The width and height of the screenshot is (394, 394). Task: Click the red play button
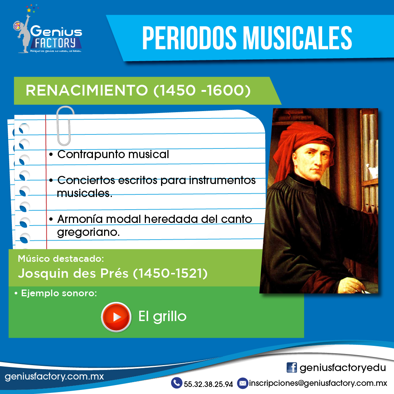pos(116,317)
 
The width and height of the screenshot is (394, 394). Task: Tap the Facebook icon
pos(291,368)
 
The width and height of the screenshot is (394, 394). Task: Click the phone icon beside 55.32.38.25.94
pos(177,383)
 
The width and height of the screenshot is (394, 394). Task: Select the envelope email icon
pos(243,383)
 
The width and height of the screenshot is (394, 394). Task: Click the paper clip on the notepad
pos(65,126)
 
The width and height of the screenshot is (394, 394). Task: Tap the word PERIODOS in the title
pos(189,38)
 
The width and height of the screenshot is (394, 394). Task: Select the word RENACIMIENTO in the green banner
pos(87,90)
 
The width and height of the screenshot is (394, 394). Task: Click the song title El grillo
pos(162,317)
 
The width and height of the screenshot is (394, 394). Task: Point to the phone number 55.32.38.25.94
pos(208,384)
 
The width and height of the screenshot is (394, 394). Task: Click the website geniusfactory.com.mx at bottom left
pos(54,376)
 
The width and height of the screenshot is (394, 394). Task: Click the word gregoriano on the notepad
pos(88,233)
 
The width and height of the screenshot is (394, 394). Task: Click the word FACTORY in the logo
pos(55,43)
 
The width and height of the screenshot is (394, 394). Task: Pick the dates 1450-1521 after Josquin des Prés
pos(170,273)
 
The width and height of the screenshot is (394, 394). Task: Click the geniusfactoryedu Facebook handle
pos(343,368)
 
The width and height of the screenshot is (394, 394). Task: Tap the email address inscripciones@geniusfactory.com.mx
pos(318,383)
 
